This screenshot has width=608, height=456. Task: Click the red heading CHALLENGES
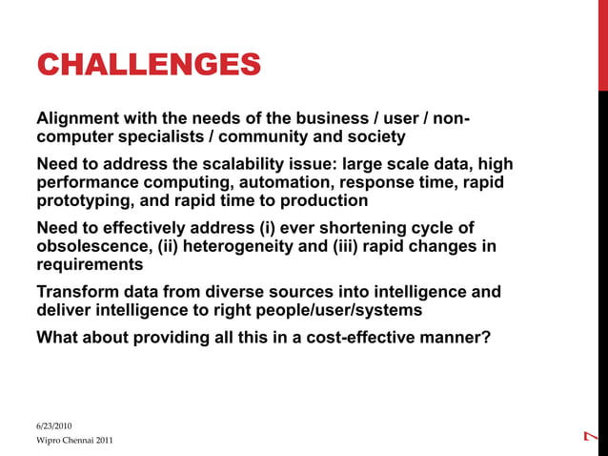click(148, 65)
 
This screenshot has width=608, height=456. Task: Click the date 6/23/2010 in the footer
click(53, 425)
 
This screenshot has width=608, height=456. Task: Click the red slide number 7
click(591, 436)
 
